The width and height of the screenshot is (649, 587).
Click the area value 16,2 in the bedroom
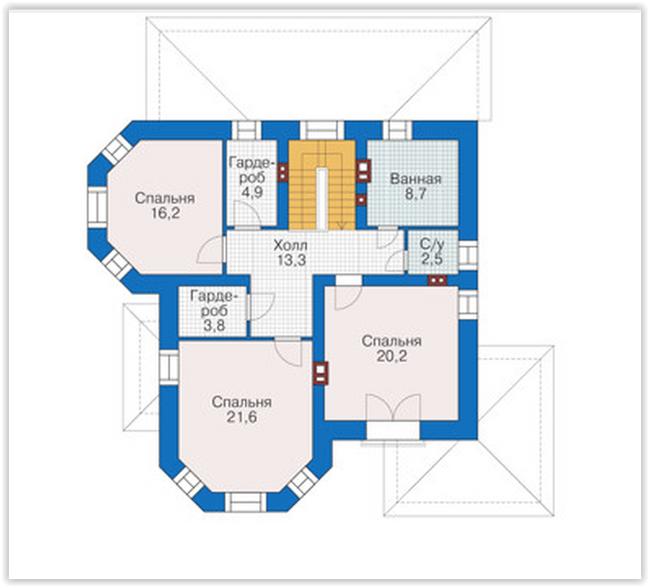pos(165,214)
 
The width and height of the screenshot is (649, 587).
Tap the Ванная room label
pos(416,179)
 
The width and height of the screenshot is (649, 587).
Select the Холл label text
pos(291,245)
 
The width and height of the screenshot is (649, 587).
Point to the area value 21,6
pos(241,417)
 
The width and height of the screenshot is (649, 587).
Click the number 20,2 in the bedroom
pos(392,356)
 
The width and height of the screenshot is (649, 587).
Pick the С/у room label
pos(432,245)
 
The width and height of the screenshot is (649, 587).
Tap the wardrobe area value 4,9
pos(251,192)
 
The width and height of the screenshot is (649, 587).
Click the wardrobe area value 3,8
pos(214,326)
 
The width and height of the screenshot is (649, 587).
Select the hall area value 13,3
pos(292,260)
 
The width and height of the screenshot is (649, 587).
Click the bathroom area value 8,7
pos(416,194)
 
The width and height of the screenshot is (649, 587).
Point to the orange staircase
pos(322,185)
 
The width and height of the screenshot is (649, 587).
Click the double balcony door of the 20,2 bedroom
pos(393,408)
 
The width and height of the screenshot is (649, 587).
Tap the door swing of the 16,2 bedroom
pos(211,249)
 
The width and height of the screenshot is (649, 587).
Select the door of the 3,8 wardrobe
pos(260,307)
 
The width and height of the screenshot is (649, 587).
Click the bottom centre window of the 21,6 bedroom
pos(246,502)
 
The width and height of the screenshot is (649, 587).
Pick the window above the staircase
pos(322,131)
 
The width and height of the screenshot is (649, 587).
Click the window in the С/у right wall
pos(468,255)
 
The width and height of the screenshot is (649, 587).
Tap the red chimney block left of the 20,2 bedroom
pos(321,373)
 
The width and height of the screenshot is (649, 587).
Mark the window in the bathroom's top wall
pos(398,131)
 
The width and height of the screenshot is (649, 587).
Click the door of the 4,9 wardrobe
pos(247,215)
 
